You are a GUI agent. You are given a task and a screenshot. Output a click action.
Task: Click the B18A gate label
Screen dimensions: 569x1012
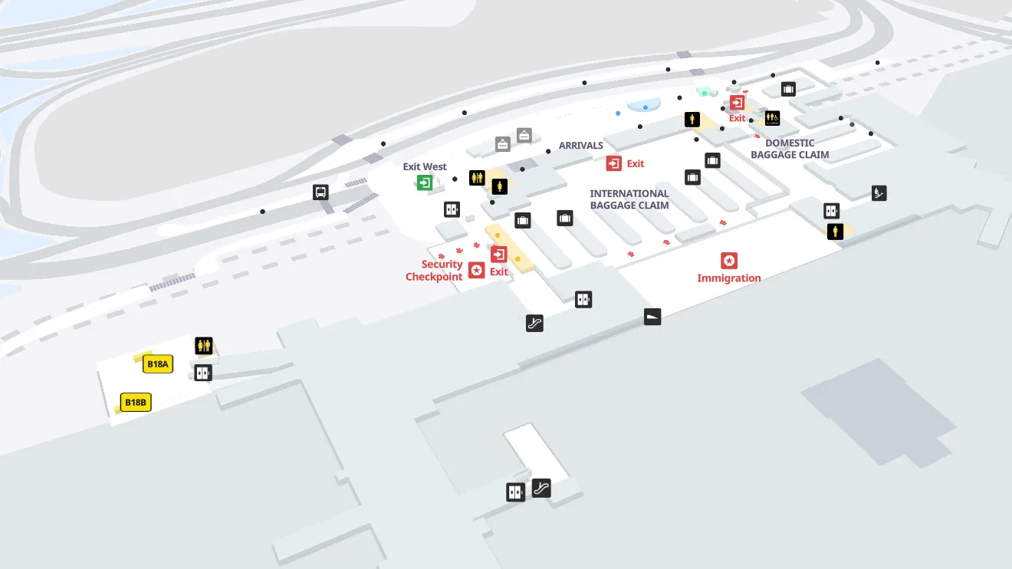[158, 364]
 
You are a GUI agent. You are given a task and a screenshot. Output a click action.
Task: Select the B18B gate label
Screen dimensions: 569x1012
[136, 403]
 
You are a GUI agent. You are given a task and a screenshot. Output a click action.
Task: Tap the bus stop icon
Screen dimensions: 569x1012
[321, 192]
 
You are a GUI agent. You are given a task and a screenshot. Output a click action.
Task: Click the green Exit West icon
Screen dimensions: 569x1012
[424, 182]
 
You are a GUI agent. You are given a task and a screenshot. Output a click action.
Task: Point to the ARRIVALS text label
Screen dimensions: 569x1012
[580, 146]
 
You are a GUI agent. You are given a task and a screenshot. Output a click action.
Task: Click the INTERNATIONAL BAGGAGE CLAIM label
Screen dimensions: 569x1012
[629, 199]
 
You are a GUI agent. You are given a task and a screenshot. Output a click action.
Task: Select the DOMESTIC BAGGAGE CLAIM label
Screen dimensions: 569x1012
[790, 149]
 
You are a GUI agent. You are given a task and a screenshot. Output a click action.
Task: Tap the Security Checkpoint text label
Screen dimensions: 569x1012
[435, 271]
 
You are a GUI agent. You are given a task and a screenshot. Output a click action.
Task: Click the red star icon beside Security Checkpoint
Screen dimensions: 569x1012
[476, 270]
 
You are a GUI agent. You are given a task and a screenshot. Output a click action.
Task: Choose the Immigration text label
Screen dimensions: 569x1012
[728, 278]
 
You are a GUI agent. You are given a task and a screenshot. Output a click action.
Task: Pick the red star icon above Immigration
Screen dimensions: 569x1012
[729, 261]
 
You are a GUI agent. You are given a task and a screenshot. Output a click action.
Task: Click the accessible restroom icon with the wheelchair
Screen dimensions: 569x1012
[772, 118]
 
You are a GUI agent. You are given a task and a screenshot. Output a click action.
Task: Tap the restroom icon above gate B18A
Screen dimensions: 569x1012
[203, 346]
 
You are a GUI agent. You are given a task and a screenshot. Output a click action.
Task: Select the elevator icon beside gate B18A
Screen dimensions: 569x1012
[202, 373]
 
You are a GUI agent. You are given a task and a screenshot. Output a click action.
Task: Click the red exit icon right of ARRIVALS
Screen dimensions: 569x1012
[613, 163]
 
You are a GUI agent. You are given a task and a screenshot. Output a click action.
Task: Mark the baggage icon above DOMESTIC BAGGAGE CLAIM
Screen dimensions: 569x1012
[788, 89]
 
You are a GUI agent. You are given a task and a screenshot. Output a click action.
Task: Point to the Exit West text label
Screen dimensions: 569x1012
[425, 166]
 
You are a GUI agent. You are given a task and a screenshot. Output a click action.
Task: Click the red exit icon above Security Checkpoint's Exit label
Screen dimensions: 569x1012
[499, 254]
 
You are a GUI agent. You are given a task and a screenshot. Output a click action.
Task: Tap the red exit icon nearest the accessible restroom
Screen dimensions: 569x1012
[737, 103]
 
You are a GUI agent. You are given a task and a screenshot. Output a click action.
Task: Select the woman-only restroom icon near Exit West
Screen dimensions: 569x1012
[500, 186]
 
